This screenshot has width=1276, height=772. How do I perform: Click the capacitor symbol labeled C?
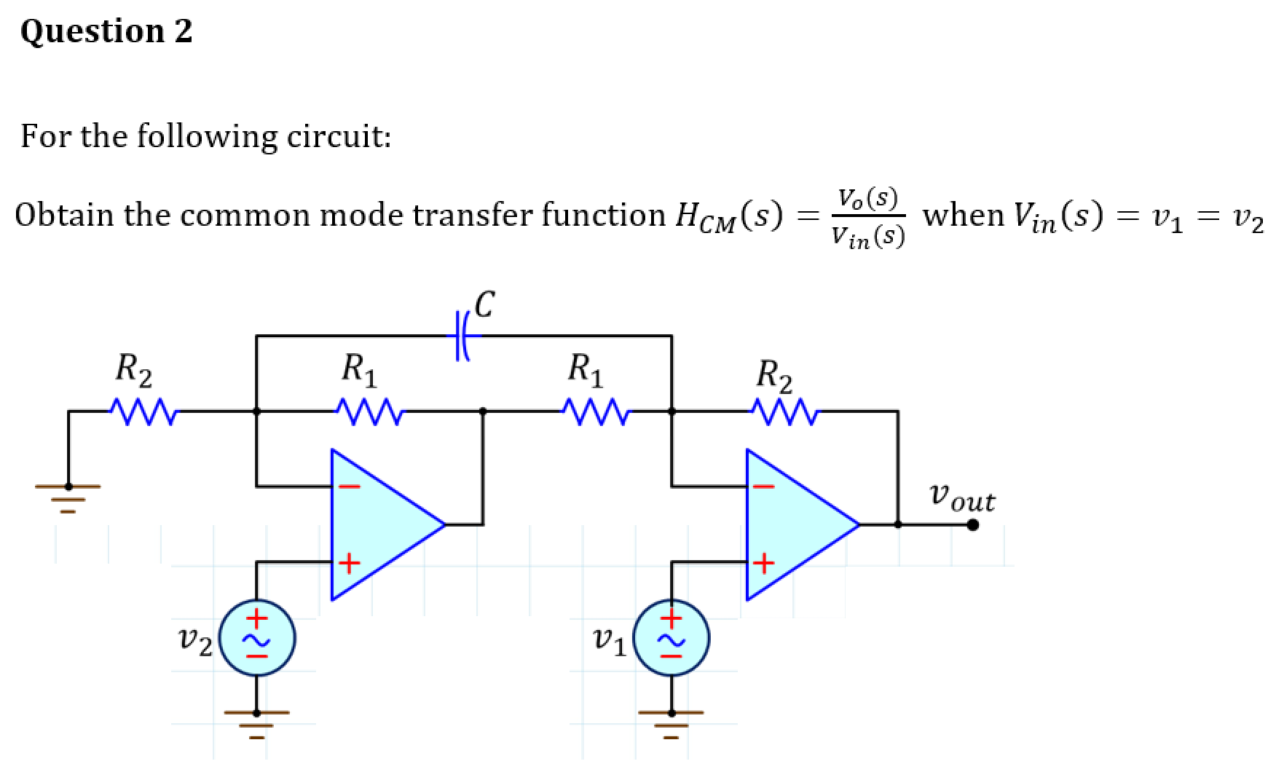pyautogui.click(x=462, y=336)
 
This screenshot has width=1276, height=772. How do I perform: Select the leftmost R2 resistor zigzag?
pyautogui.click(x=143, y=411)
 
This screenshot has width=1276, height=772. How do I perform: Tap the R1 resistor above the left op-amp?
pyautogui.click(x=369, y=411)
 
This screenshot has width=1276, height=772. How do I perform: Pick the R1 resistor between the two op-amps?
pyautogui.click(x=594, y=411)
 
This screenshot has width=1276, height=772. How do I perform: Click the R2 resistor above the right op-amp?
pyautogui.click(x=784, y=411)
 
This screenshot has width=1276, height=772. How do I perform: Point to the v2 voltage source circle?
pyautogui.click(x=257, y=639)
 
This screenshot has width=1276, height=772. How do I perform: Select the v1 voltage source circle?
pyautogui.click(x=672, y=639)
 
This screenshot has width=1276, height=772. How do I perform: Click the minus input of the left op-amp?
pyautogui.click(x=349, y=487)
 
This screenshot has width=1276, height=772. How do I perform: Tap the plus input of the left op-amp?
pyautogui.click(x=349, y=563)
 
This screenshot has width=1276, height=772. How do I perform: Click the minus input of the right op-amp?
pyautogui.click(x=763, y=487)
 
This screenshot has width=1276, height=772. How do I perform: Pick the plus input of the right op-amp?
pyautogui.click(x=763, y=563)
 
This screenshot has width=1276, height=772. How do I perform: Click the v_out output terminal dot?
pyautogui.click(x=972, y=524)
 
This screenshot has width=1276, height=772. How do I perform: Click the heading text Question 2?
pyautogui.click(x=106, y=31)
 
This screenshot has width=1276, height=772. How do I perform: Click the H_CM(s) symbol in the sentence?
pyautogui.click(x=728, y=216)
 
